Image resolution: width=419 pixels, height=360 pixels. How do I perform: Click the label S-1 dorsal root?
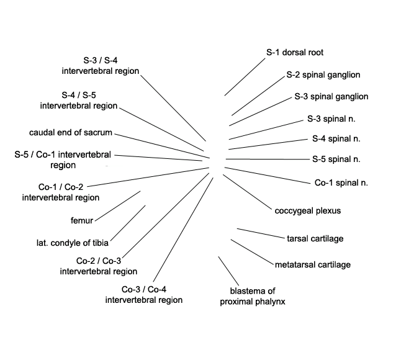[x=295, y=52]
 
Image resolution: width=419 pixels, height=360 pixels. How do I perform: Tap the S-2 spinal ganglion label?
[x=323, y=75]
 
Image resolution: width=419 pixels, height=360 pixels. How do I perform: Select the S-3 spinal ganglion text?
[x=331, y=96]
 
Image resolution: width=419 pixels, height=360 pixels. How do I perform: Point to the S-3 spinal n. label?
[x=331, y=119]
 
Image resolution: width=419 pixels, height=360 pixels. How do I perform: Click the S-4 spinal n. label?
[x=336, y=138]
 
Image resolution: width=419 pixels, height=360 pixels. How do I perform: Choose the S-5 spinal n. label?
[x=336, y=160]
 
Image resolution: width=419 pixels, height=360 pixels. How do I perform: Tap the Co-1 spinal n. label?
[x=341, y=183]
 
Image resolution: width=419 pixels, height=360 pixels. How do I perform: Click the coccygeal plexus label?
[x=307, y=211]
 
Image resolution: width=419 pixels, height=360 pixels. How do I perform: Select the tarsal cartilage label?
[x=315, y=238]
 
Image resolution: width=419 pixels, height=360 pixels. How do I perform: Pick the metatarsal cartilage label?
[x=313, y=264]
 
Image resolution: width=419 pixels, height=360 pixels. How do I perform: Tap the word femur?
[x=82, y=220]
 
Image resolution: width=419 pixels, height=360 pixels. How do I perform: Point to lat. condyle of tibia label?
[x=73, y=243]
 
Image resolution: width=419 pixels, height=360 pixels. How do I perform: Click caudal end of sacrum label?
[x=71, y=133]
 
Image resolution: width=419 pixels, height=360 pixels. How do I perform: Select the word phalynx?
[x=269, y=302]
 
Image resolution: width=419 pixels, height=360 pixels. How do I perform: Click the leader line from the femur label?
[x=118, y=206]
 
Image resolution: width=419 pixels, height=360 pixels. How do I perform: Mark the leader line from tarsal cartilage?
[x=261, y=233]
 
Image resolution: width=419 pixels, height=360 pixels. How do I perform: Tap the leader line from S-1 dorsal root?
[x=245, y=77]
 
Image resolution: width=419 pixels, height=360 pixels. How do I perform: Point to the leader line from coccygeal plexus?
[x=247, y=192]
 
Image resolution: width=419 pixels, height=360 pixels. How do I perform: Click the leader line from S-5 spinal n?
[x=268, y=160]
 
